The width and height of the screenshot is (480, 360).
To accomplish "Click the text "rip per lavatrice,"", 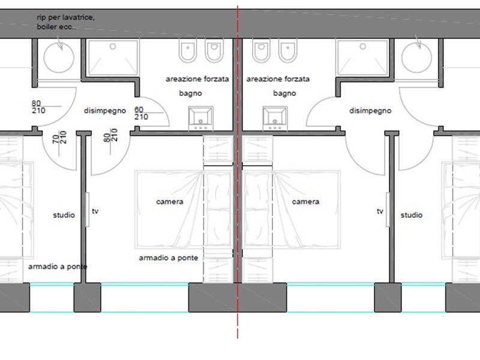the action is [x=66, y=18].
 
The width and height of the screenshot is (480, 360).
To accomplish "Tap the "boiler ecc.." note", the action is [x=56, y=27].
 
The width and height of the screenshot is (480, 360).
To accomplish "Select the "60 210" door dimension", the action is [x=141, y=113].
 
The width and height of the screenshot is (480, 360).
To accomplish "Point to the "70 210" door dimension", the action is [x=59, y=137].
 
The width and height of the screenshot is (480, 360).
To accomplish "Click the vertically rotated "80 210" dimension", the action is [x=110, y=135].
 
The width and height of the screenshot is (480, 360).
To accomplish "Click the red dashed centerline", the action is [x=238, y=172].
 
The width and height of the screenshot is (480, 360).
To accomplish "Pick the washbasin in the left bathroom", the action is [x=201, y=118].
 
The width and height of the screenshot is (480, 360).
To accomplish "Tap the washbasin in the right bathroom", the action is [x=275, y=118].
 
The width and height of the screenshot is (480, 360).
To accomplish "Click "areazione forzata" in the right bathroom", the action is [x=278, y=79].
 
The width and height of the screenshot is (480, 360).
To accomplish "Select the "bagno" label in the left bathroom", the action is [x=190, y=94].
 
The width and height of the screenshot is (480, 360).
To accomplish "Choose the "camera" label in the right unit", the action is [x=305, y=202].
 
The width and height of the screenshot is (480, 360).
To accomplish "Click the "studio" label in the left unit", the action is [x=64, y=215].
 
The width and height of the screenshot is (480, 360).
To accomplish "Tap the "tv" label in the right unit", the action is [x=380, y=211].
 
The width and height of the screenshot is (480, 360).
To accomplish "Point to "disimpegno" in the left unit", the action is [x=105, y=111].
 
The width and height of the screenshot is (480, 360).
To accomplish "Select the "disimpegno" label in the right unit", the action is [x=370, y=111].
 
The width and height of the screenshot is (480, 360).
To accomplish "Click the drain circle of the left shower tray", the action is [x=113, y=47].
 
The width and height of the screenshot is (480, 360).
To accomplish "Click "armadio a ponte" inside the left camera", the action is [x=169, y=258].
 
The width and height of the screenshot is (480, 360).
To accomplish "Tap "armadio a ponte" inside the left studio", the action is [x=58, y=266].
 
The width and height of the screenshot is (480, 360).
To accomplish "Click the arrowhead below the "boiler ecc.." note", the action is [x=61, y=47].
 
